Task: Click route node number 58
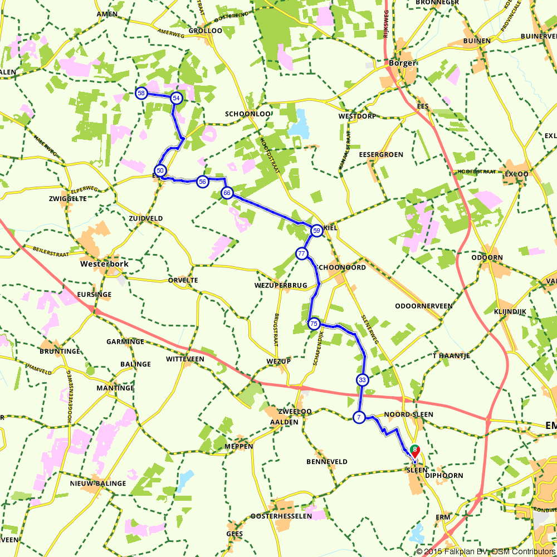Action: (141, 93)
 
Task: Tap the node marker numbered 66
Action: (227, 193)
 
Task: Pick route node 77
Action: (301, 254)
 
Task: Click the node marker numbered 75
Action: (314, 324)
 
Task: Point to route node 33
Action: (362, 380)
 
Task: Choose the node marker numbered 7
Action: (359, 417)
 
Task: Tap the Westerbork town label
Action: (105, 263)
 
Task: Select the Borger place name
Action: (402, 63)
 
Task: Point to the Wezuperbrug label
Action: (280, 286)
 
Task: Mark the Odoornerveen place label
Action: (423, 306)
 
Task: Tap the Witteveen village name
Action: (185, 359)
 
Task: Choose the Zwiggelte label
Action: (68, 198)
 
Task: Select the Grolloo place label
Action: (206, 31)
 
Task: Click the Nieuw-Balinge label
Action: (98, 483)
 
